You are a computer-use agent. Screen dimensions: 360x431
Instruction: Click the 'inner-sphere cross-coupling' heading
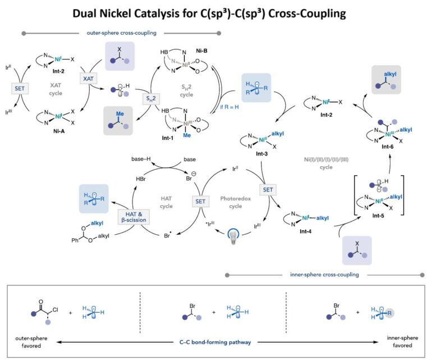pyautogui.click(x=324, y=275)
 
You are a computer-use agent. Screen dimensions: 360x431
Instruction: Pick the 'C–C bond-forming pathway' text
pyautogui.click(x=214, y=340)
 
